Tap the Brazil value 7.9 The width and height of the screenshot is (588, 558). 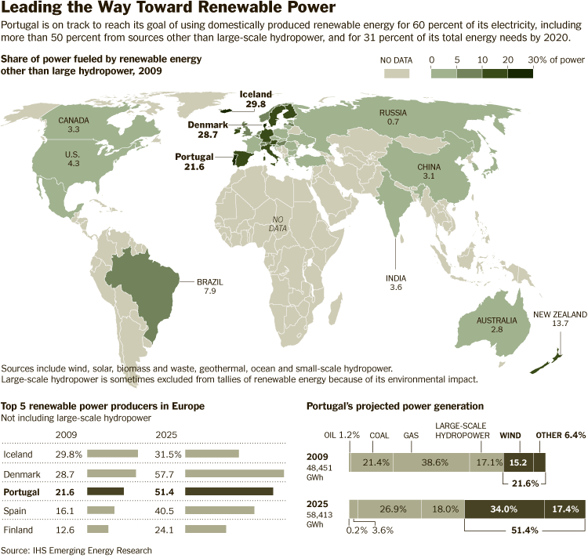[209, 291]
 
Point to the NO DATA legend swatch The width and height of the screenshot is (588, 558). [397, 73]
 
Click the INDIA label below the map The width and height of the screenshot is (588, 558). [395, 278]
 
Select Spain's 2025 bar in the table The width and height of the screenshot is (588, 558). [220, 510]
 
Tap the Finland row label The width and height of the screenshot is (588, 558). [20, 528]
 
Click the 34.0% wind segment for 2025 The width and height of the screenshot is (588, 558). [503, 509]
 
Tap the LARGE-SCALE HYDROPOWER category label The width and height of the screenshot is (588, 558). [462, 430]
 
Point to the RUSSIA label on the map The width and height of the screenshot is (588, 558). [393, 113]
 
